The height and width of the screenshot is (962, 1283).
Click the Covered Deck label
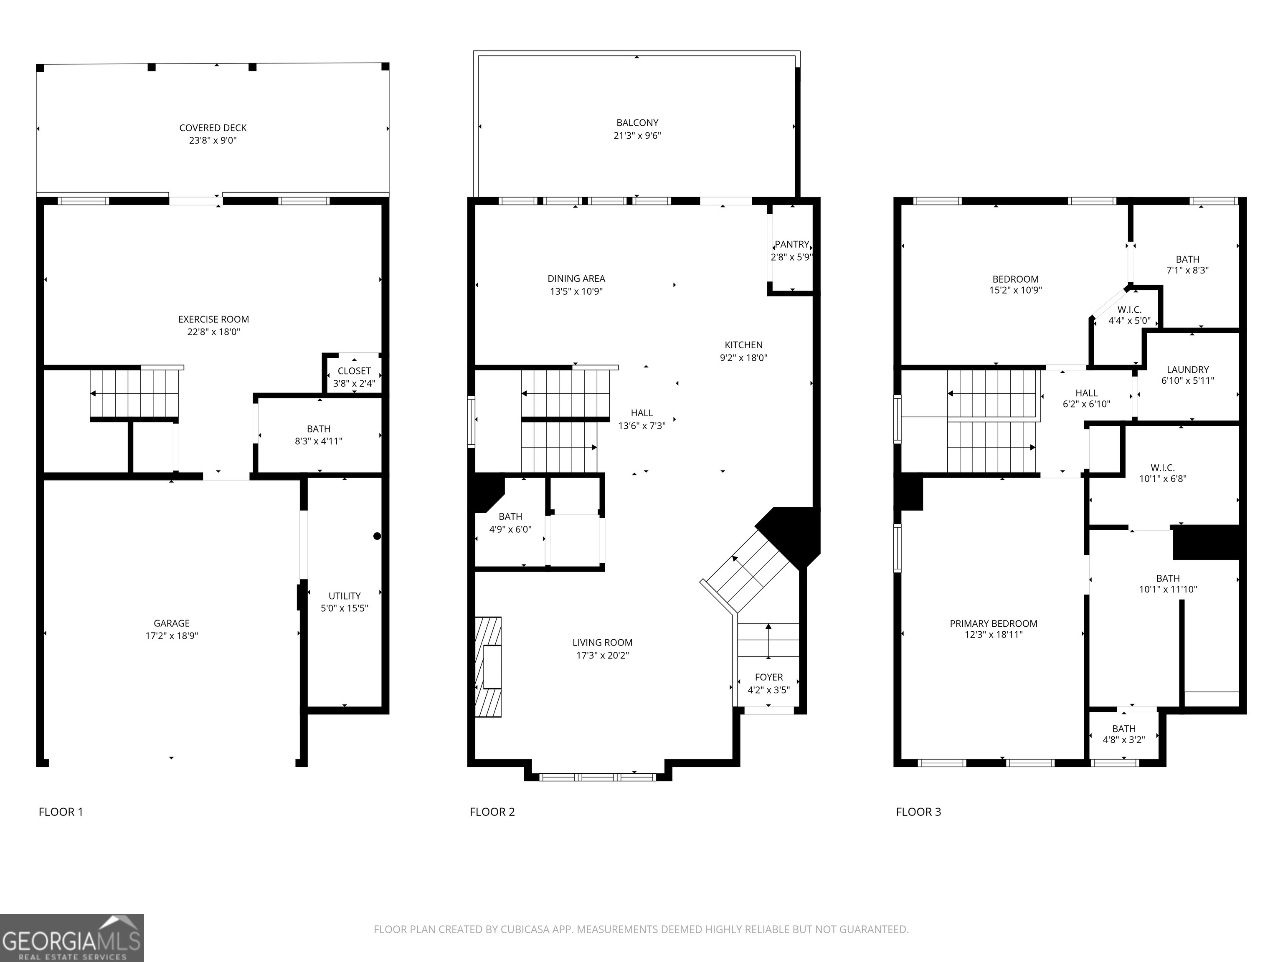213,128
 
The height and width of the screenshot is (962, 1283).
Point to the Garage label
172,623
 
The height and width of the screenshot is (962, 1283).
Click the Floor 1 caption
61,812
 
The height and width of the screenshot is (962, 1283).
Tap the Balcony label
637,123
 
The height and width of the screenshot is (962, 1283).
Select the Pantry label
792,245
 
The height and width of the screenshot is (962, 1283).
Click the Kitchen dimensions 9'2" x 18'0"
743,358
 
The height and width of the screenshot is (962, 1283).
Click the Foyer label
769,677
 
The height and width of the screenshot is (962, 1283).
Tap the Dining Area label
576,279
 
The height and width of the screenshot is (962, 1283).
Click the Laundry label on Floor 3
1188,370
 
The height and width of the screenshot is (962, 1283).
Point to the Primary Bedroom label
994,624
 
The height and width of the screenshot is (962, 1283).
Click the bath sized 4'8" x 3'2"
1124,734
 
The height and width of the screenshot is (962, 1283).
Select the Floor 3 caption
918,812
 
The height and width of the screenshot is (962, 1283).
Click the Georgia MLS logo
72,938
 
